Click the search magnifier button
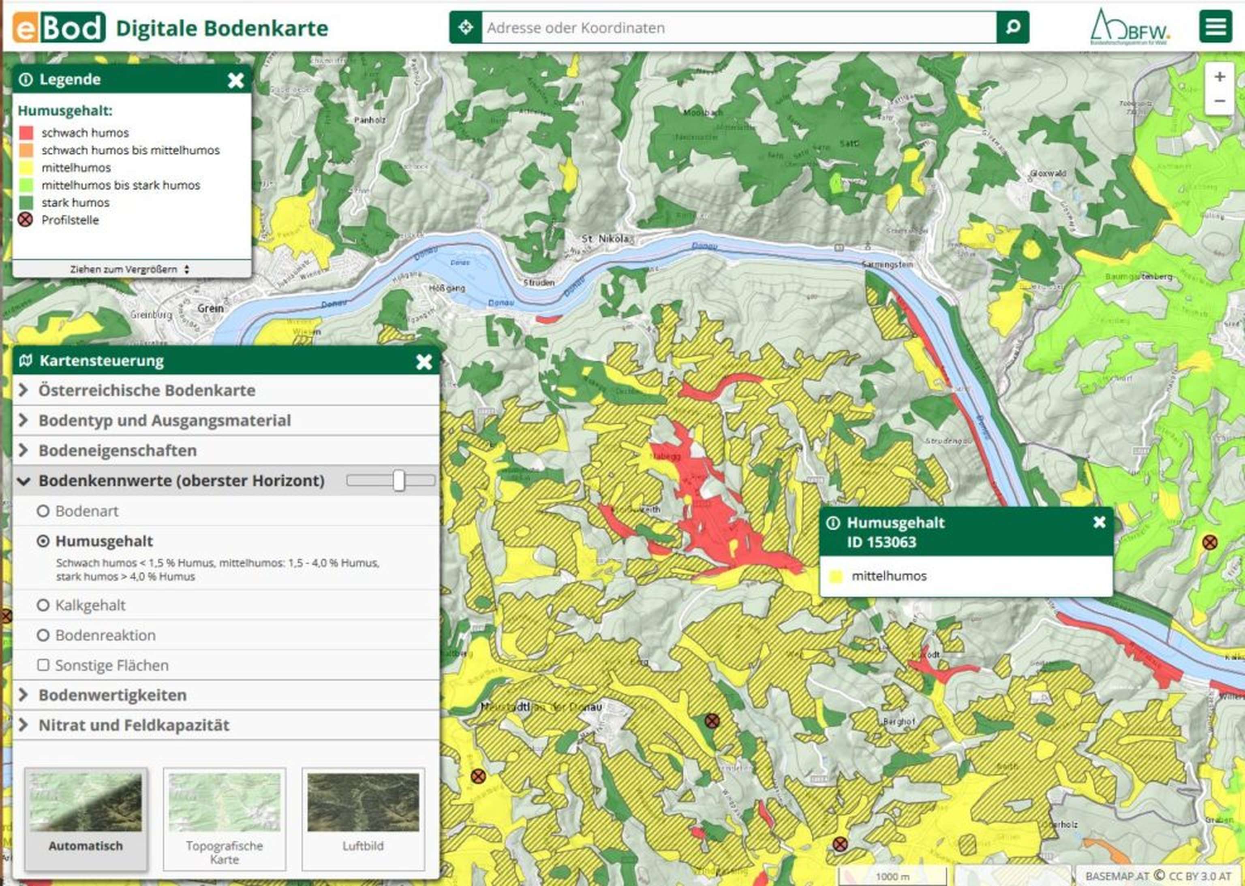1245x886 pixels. [1012, 27]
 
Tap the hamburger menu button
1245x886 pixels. [1215, 27]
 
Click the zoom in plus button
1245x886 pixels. [1219, 77]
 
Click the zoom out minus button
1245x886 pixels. [1219, 101]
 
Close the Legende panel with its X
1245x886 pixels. [236, 81]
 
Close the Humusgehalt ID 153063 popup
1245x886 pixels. [1099, 522]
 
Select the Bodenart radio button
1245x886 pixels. [43, 511]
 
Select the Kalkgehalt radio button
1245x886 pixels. [43, 605]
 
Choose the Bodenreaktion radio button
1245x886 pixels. [43, 635]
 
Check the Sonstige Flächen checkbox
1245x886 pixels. [43, 665]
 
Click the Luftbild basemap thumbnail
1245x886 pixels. [363, 818]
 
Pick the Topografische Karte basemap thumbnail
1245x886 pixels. [225, 818]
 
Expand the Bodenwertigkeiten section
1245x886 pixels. [112, 695]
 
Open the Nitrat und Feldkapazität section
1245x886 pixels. [134, 725]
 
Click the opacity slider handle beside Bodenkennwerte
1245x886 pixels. [399, 480]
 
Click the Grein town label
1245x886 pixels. [210, 308]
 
